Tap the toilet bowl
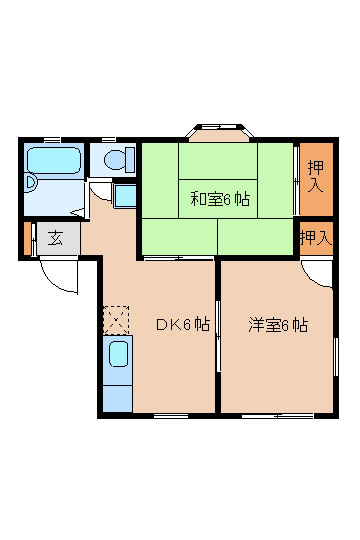pos(115,159)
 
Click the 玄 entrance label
pos(56,238)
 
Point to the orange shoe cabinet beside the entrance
pos(27,238)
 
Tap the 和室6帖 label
pos(219,197)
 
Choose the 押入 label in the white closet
pos(316,237)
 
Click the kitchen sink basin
pos(118,356)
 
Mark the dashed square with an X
pos(116,320)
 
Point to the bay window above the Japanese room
pos(219,129)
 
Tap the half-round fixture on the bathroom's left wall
pos(29,183)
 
